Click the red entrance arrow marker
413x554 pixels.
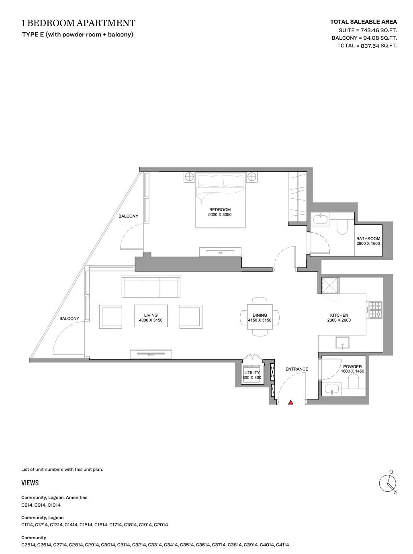tap(290, 402)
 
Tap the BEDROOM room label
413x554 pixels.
tap(220, 210)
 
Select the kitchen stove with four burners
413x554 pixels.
tap(375, 310)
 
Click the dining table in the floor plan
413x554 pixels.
tap(260, 317)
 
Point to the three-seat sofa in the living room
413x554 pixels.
tap(151, 287)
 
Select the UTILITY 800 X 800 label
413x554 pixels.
tap(252, 375)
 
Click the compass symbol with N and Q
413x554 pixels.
tap(388, 483)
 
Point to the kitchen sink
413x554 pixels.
tap(342, 343)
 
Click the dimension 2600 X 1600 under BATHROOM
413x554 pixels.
tap(368, 244)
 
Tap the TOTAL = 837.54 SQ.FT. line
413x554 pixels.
tap(367, 46)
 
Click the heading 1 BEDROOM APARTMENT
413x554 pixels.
tap(78, 23)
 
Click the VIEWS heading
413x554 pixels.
tap(30, 483)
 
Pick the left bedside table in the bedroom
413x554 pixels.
tap(189, 177)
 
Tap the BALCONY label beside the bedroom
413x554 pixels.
tap(128, 216)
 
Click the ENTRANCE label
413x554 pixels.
tap(297, 369)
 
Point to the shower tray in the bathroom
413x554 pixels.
tap(330, 286)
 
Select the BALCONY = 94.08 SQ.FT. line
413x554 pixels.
tap(364, 38)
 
